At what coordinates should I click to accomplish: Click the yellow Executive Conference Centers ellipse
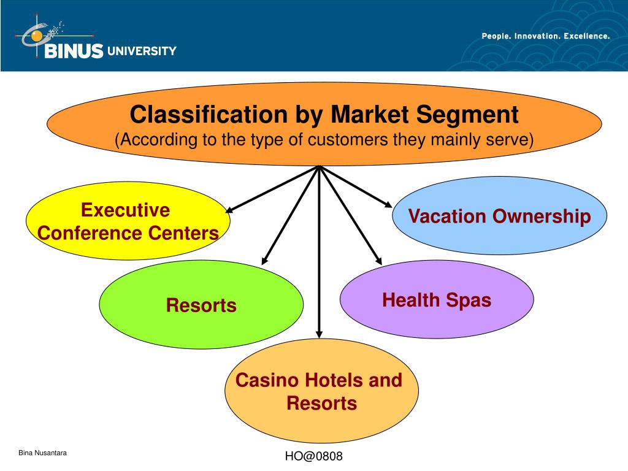(128, 221)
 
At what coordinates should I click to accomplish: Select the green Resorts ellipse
(201, 305)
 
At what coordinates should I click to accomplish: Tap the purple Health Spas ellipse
(437, 300)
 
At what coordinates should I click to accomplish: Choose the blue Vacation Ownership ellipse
(499, 216)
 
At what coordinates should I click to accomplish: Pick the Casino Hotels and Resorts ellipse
(321, 392)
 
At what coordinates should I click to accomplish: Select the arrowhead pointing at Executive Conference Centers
(231, 210)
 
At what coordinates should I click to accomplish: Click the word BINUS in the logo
(74, 52)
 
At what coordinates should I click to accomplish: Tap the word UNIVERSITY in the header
(142, 52)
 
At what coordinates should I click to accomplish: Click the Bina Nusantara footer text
(42, 453)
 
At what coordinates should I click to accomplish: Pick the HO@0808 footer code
(313, 456)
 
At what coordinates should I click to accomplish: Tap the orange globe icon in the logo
(37, 36)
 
